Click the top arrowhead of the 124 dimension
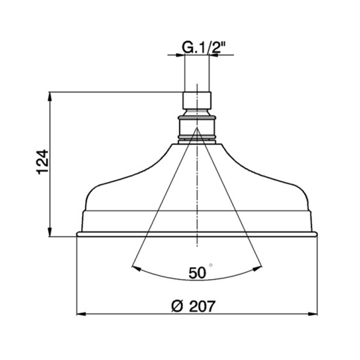(x=50, y=96)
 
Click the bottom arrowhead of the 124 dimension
(x=50, y=233)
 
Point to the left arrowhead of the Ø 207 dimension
(x=80, y=313)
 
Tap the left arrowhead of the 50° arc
(x=135, y=267)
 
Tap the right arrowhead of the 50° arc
(x=259, y=267)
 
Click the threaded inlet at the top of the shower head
(x=196, y=100)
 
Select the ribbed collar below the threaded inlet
(x=196, y=128)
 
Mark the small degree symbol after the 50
(x=211, y=265)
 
